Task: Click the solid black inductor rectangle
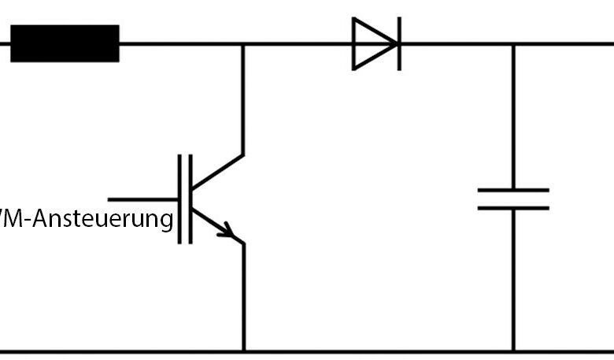[x=65, y=43]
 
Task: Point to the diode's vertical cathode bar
[x=398, y=43]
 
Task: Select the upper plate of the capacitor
[x=513, y=190]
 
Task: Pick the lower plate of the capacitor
[x=513, y=208]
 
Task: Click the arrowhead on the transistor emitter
[x=228, y=232]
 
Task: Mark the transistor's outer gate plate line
[x=180, y=199]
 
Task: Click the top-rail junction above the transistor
[x=242, y=44]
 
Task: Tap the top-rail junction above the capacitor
[x=513, y=44]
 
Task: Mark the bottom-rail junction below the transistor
[x=242, y=351]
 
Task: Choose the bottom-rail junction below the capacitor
[x=513, y=351]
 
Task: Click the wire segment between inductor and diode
[x=181, y=44]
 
